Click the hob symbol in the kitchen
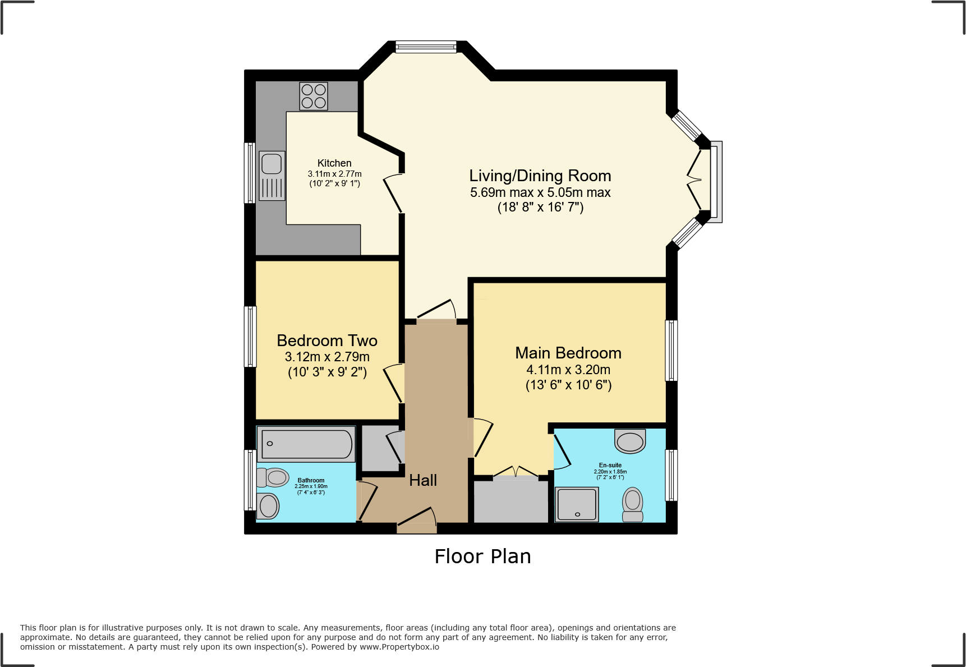314,96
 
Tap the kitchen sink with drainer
272,176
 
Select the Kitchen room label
334,163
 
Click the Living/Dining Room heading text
540,176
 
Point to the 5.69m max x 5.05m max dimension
540,192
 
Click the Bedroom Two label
327,341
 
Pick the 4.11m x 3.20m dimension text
568,370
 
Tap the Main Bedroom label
568,353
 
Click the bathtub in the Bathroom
306,444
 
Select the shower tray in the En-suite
577,504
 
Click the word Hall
423,480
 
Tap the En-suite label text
610,465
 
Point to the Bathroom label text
311,480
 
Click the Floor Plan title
482,556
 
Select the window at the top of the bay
426,47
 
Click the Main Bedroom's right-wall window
671,351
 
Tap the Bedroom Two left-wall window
250,337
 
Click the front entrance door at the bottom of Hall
417,526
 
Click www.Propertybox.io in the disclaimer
399,647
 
